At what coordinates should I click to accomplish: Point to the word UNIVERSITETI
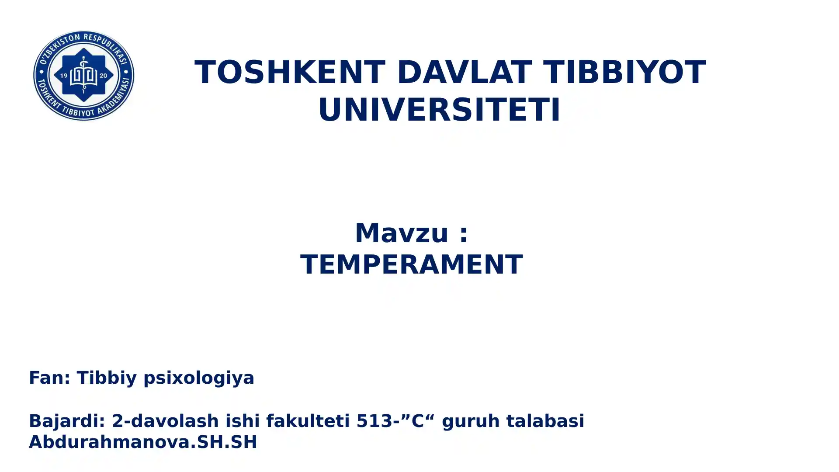439,109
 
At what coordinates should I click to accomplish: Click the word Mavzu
402,233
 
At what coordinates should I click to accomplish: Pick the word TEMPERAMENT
411,264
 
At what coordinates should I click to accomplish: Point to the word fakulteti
308,421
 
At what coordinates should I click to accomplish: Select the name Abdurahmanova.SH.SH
143,442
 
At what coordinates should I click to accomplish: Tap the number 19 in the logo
64,76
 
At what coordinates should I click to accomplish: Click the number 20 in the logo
104,76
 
